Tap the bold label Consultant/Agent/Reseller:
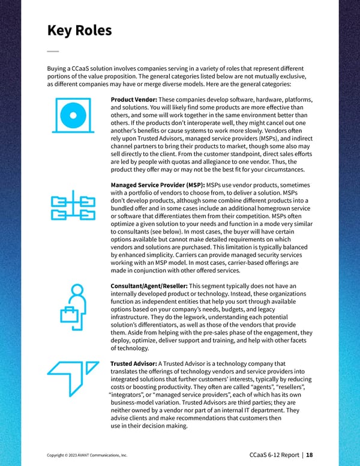[x=149, y=285]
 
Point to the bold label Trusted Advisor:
[x=134, y=363]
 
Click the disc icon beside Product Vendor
[x=73, y=116]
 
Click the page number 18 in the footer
[x=309, y=455]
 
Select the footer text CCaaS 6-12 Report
[x=274, y=455]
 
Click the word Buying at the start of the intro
[x=58, y=68]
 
